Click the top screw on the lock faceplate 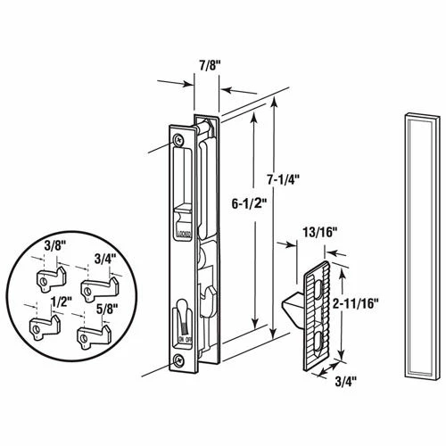(181, 137)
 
